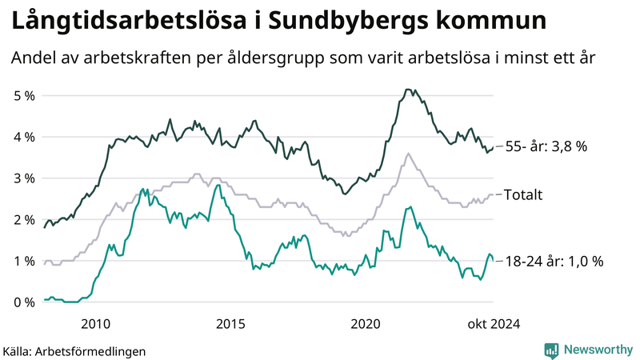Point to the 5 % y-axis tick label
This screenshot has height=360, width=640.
[24, 96]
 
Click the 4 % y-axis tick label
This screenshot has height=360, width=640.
[24, 137]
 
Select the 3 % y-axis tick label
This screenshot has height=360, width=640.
[24, 178]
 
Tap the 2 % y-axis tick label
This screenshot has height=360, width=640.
[24, 219]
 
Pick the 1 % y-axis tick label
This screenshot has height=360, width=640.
[24, 261]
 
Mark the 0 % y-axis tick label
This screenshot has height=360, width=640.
[24, 302]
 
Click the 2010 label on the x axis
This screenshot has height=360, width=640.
[96, 323]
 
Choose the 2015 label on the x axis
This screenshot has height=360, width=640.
[230, 323]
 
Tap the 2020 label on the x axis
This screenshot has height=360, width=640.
[366, 323]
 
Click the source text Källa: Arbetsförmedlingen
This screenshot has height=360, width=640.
[74, 350]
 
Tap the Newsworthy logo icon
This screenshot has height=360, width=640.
[551, 350]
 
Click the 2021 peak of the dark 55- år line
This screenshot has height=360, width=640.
[408, 90]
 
